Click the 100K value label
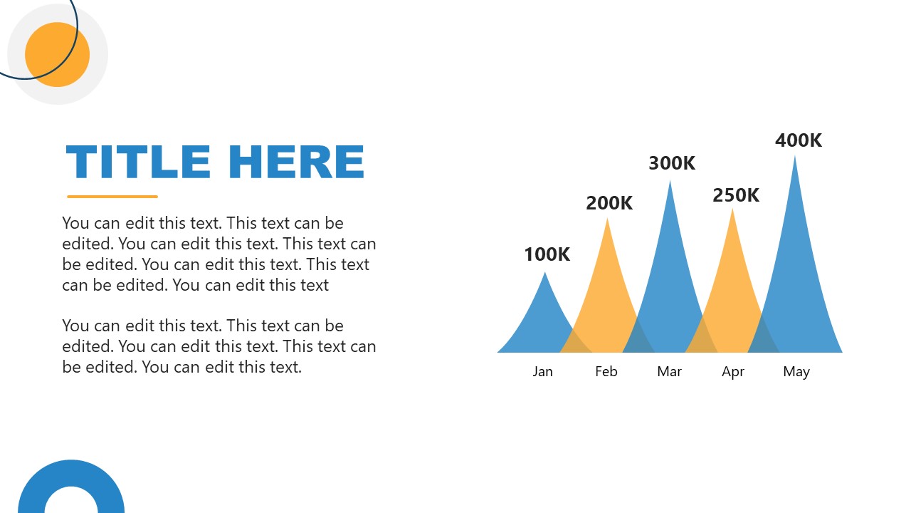(547, 254)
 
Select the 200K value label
(609, 203)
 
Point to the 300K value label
(672, 163)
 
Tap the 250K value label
(736, 195)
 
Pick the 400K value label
(799, 140)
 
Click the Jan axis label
(542, 371)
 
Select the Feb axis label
(606, 371)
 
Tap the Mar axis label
(669, 371)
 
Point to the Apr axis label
(733, 372)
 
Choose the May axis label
(796, 372)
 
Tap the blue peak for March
(670, 285)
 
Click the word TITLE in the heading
(138, 162)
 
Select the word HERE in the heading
(297, 162)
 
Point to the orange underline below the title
(112, 197)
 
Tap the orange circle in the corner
(58, 55)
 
